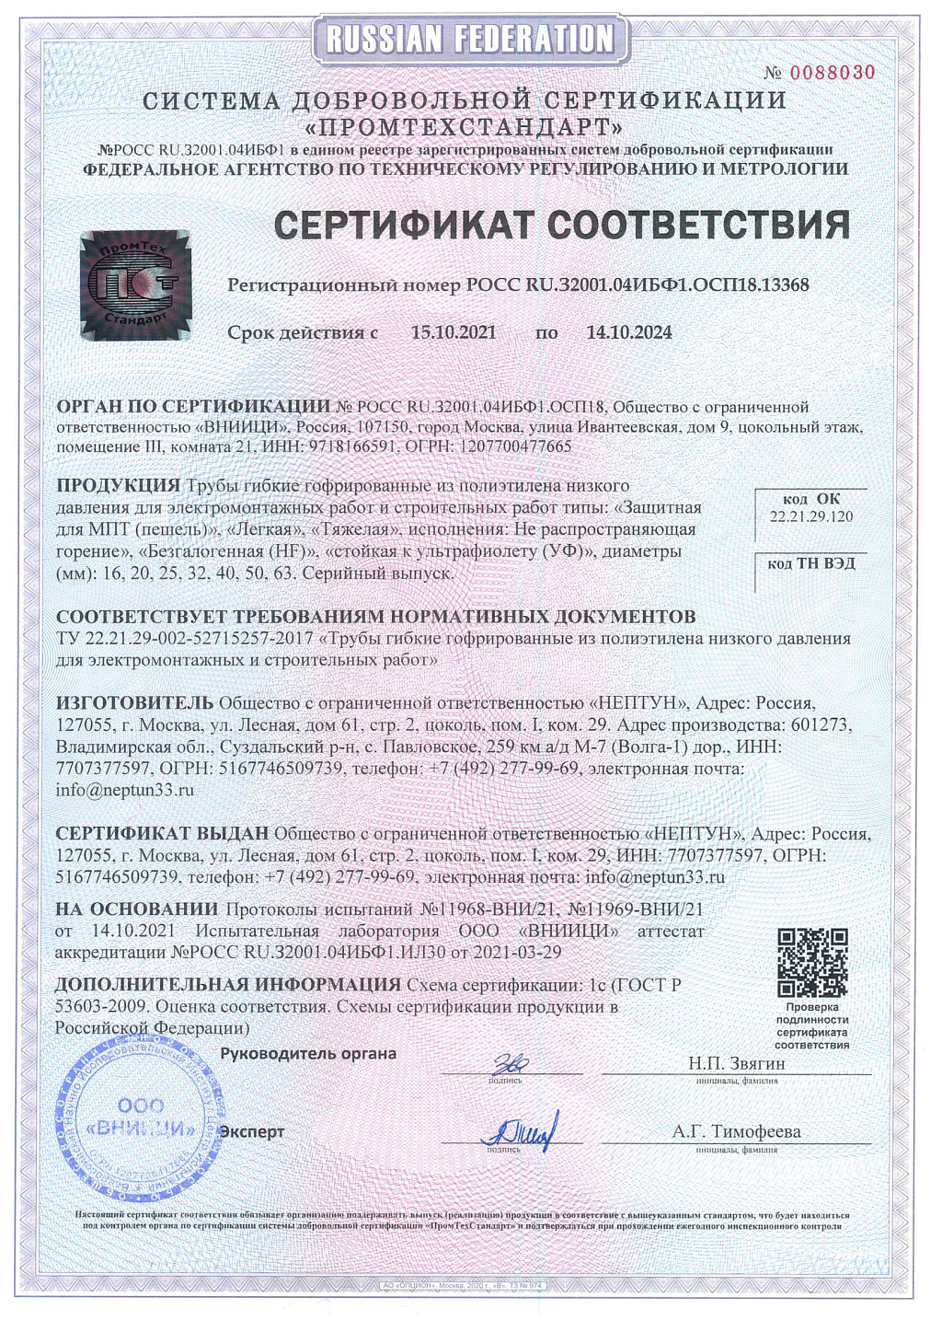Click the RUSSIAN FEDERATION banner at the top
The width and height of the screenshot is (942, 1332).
pyautogui.click(x=470, y=39)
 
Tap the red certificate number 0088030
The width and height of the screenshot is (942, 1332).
pyautogui.click(x=832, y=73)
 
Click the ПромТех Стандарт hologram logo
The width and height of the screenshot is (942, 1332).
pyautogui.click(x=135, y=285)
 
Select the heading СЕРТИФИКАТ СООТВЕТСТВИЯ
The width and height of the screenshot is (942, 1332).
pyautogui.click(x=561, y=225)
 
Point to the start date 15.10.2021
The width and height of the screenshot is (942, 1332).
pyautogui.click(x=453, y=332)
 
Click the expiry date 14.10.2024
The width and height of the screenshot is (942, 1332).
pyautogui.click(x=629, y=332)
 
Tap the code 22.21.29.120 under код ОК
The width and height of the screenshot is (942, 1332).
pyautogui.click(x=810, y=516)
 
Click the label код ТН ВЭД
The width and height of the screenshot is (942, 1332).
pyautogui.click(x=810, y=562)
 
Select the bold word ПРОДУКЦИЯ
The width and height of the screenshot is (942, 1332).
pyautogui.click(x=118, y=485)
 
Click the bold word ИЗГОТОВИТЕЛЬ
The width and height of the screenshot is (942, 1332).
pyautogui.click(x=134, y=703)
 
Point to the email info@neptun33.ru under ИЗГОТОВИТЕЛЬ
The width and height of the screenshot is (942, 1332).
pyautogui.click(x=124, y=790)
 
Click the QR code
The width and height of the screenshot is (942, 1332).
pyautogui.click(x=811, y=963)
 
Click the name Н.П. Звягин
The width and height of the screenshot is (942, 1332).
pyautogui.click(x=736, y=1063)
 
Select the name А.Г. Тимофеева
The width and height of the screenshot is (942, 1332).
pyautogui.click(x=736, y=1131)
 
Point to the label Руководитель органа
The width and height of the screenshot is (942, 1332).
pyautogui.click(x=308, y=1053)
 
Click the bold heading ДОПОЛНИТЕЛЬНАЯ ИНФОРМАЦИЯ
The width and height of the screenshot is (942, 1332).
pyautogui.click(x=227, y=984)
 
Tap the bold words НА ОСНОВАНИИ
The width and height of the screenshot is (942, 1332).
pyautogui.click(x=136, y=909)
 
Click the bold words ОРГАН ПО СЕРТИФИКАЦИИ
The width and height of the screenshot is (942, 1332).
pyautogui.click(x=193, y=406)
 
